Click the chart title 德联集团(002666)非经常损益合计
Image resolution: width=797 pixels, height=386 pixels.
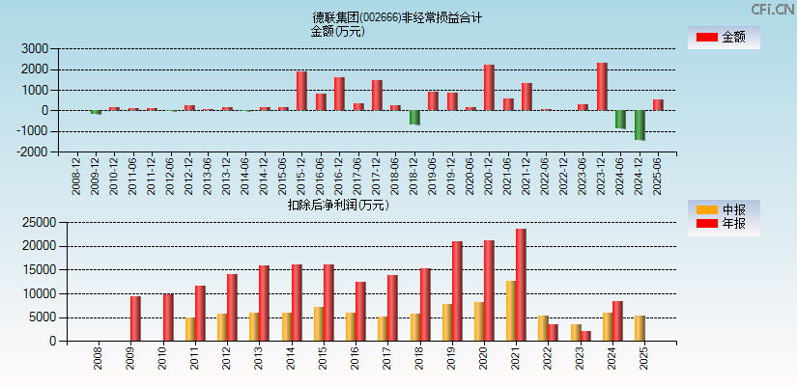pyautogui.click(x=397, y=17)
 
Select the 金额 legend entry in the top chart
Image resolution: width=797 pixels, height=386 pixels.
pyautogui.click(x=724, y=38)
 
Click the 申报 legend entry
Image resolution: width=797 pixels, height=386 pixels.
pyautogui.click(x=724, y=209)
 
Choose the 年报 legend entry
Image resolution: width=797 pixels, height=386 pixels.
pyautogui.click(x=724, y=224)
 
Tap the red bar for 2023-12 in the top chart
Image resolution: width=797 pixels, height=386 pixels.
pyautogui.click(x=602, y=87)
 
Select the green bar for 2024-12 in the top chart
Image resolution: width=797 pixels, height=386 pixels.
pyautogui.click(x=640, y=124)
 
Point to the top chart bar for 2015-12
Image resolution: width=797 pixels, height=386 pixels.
pyautogui.click(x=301, y=91)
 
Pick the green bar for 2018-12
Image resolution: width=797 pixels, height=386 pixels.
pyautogui.click(x=414, y=117)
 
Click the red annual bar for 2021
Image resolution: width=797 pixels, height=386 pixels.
pyautogui.click(x=521, y=285)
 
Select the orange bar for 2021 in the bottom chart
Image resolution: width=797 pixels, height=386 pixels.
pyautogui.click(x=510, y=311)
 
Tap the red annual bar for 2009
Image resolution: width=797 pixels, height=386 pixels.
pyautogui.click(x=135, y=318)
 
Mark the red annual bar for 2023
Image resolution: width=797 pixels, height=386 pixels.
pyautogui.click(x=585, y=336)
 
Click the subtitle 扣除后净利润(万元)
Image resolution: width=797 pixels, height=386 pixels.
pyautogui.click(x=337, y=205)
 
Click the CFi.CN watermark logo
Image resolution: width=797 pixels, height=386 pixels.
pyautogui.click(x=772, y=9)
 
